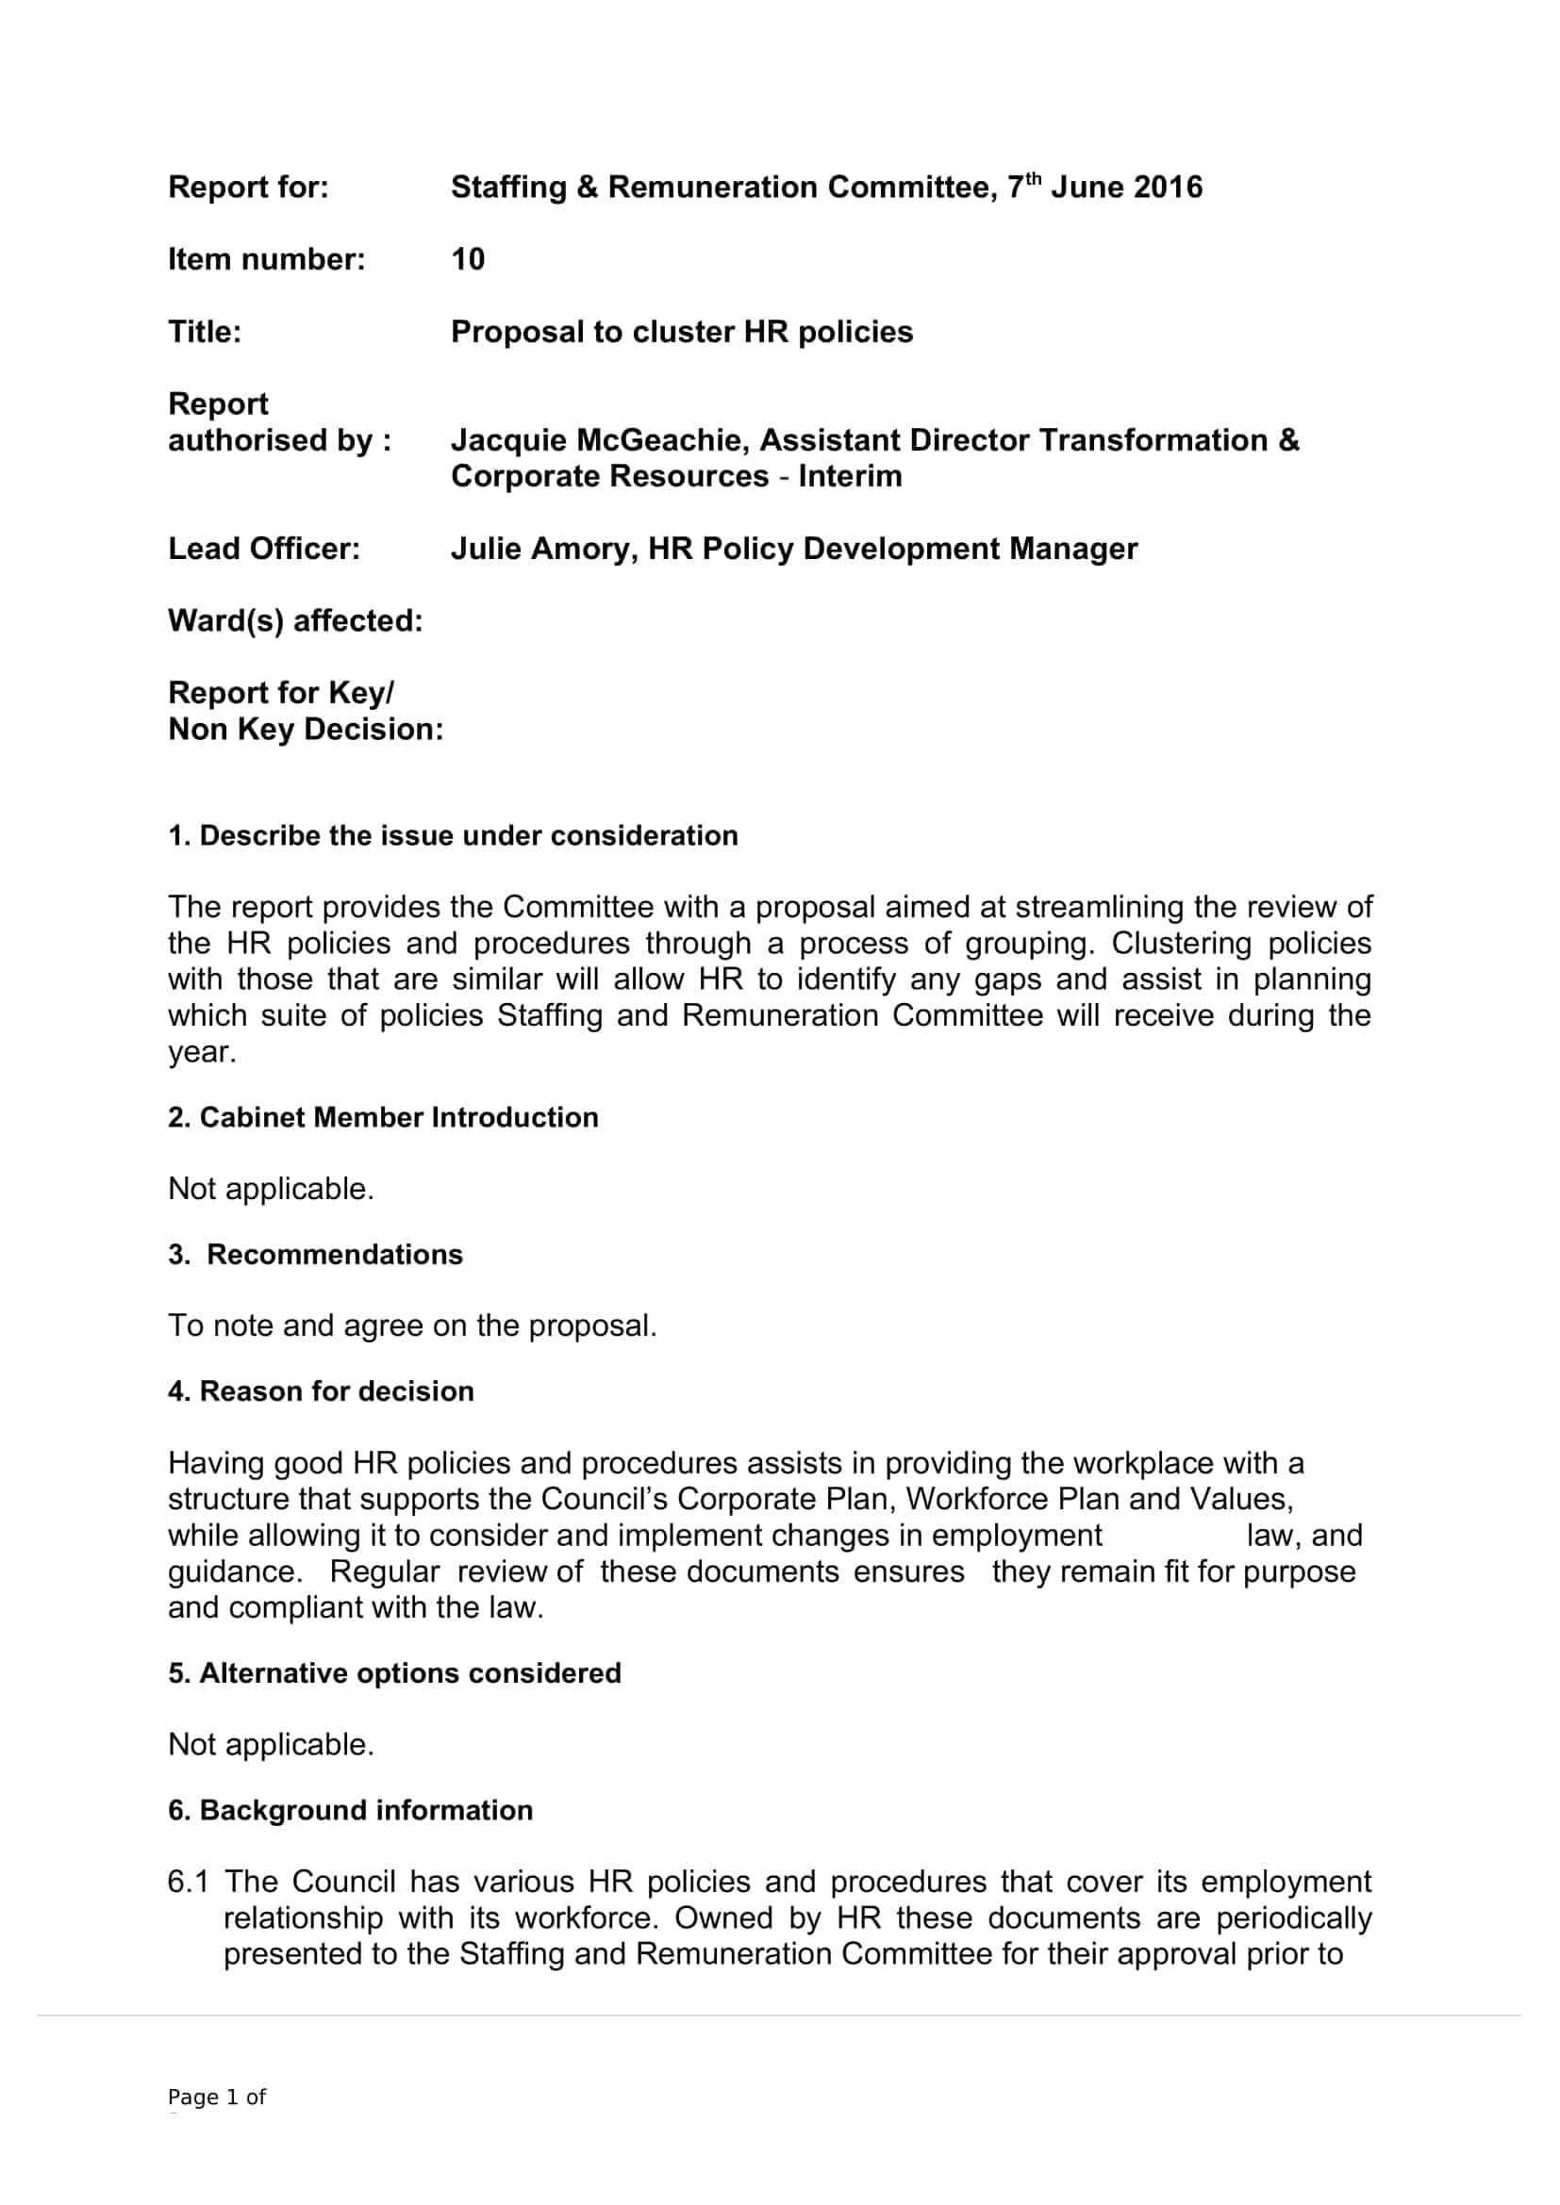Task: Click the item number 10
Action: (x=468, y=259)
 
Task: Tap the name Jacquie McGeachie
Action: (x=600, y=440)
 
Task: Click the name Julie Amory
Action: (x=539, y=549)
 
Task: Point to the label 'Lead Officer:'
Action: (x=264, y=549)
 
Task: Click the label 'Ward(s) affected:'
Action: (x=295, y=620)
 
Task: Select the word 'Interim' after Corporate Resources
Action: (x=850, y=476)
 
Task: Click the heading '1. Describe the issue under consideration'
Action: (x=453, y=835)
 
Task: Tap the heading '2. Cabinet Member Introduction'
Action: (x=382, y=1117)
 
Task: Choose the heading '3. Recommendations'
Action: (x=315, y=1254)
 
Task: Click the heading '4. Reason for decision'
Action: (x=321, y=1390)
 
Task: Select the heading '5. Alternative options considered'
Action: (x=394, y=1673)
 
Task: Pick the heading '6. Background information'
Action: (x=350, y=1810)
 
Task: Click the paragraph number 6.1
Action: (x=188, y=1882)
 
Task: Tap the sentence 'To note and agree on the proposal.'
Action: (x=412, y=1325)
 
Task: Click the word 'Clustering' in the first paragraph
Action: (x=1181, y=943)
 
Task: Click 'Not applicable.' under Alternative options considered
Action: (x=271, y=1744)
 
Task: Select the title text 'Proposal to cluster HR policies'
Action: (x=682, y=332)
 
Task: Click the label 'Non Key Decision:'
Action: (x=306, y=730)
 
